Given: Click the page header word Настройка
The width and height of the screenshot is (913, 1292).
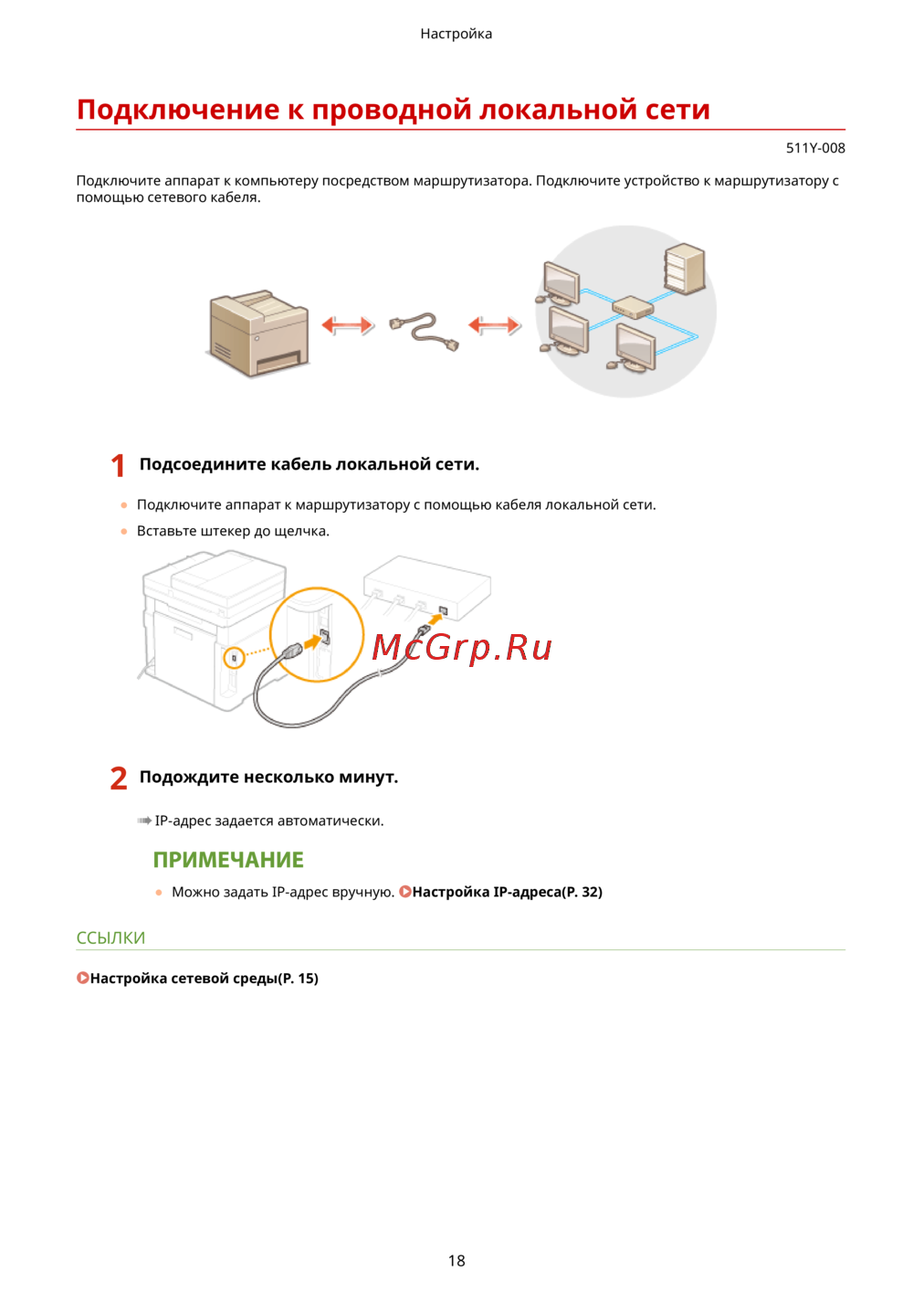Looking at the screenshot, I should point(456,34).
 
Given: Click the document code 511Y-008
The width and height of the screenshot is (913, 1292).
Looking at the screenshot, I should point(814,148).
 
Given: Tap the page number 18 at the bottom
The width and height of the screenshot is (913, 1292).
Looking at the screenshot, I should point(456,1260).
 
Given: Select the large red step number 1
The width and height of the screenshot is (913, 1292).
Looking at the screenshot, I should point(118,466).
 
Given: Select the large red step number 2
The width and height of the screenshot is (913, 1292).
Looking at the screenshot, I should point(119,778).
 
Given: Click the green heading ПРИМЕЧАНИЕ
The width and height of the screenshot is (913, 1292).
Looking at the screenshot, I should point(228,860).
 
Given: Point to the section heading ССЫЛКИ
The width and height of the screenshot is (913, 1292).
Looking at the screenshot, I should point(110,937).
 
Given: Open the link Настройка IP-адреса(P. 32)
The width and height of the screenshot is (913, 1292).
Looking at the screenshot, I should point(507,892).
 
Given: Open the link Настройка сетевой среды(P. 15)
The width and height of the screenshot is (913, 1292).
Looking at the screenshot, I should point(204,979).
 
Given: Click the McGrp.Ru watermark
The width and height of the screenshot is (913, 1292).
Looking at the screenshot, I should point(462,647).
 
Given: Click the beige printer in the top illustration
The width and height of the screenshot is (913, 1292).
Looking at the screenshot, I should point(259,334).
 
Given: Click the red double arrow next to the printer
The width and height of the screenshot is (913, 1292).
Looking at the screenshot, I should point(347,324).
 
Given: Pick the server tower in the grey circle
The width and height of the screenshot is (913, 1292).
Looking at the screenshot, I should point(684,268).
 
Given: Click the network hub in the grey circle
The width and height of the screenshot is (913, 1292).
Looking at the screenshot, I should point(632,307).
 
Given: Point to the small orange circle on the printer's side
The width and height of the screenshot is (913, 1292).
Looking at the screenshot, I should point(235,658).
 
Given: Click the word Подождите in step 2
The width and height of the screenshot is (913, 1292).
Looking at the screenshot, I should point(189,778).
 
